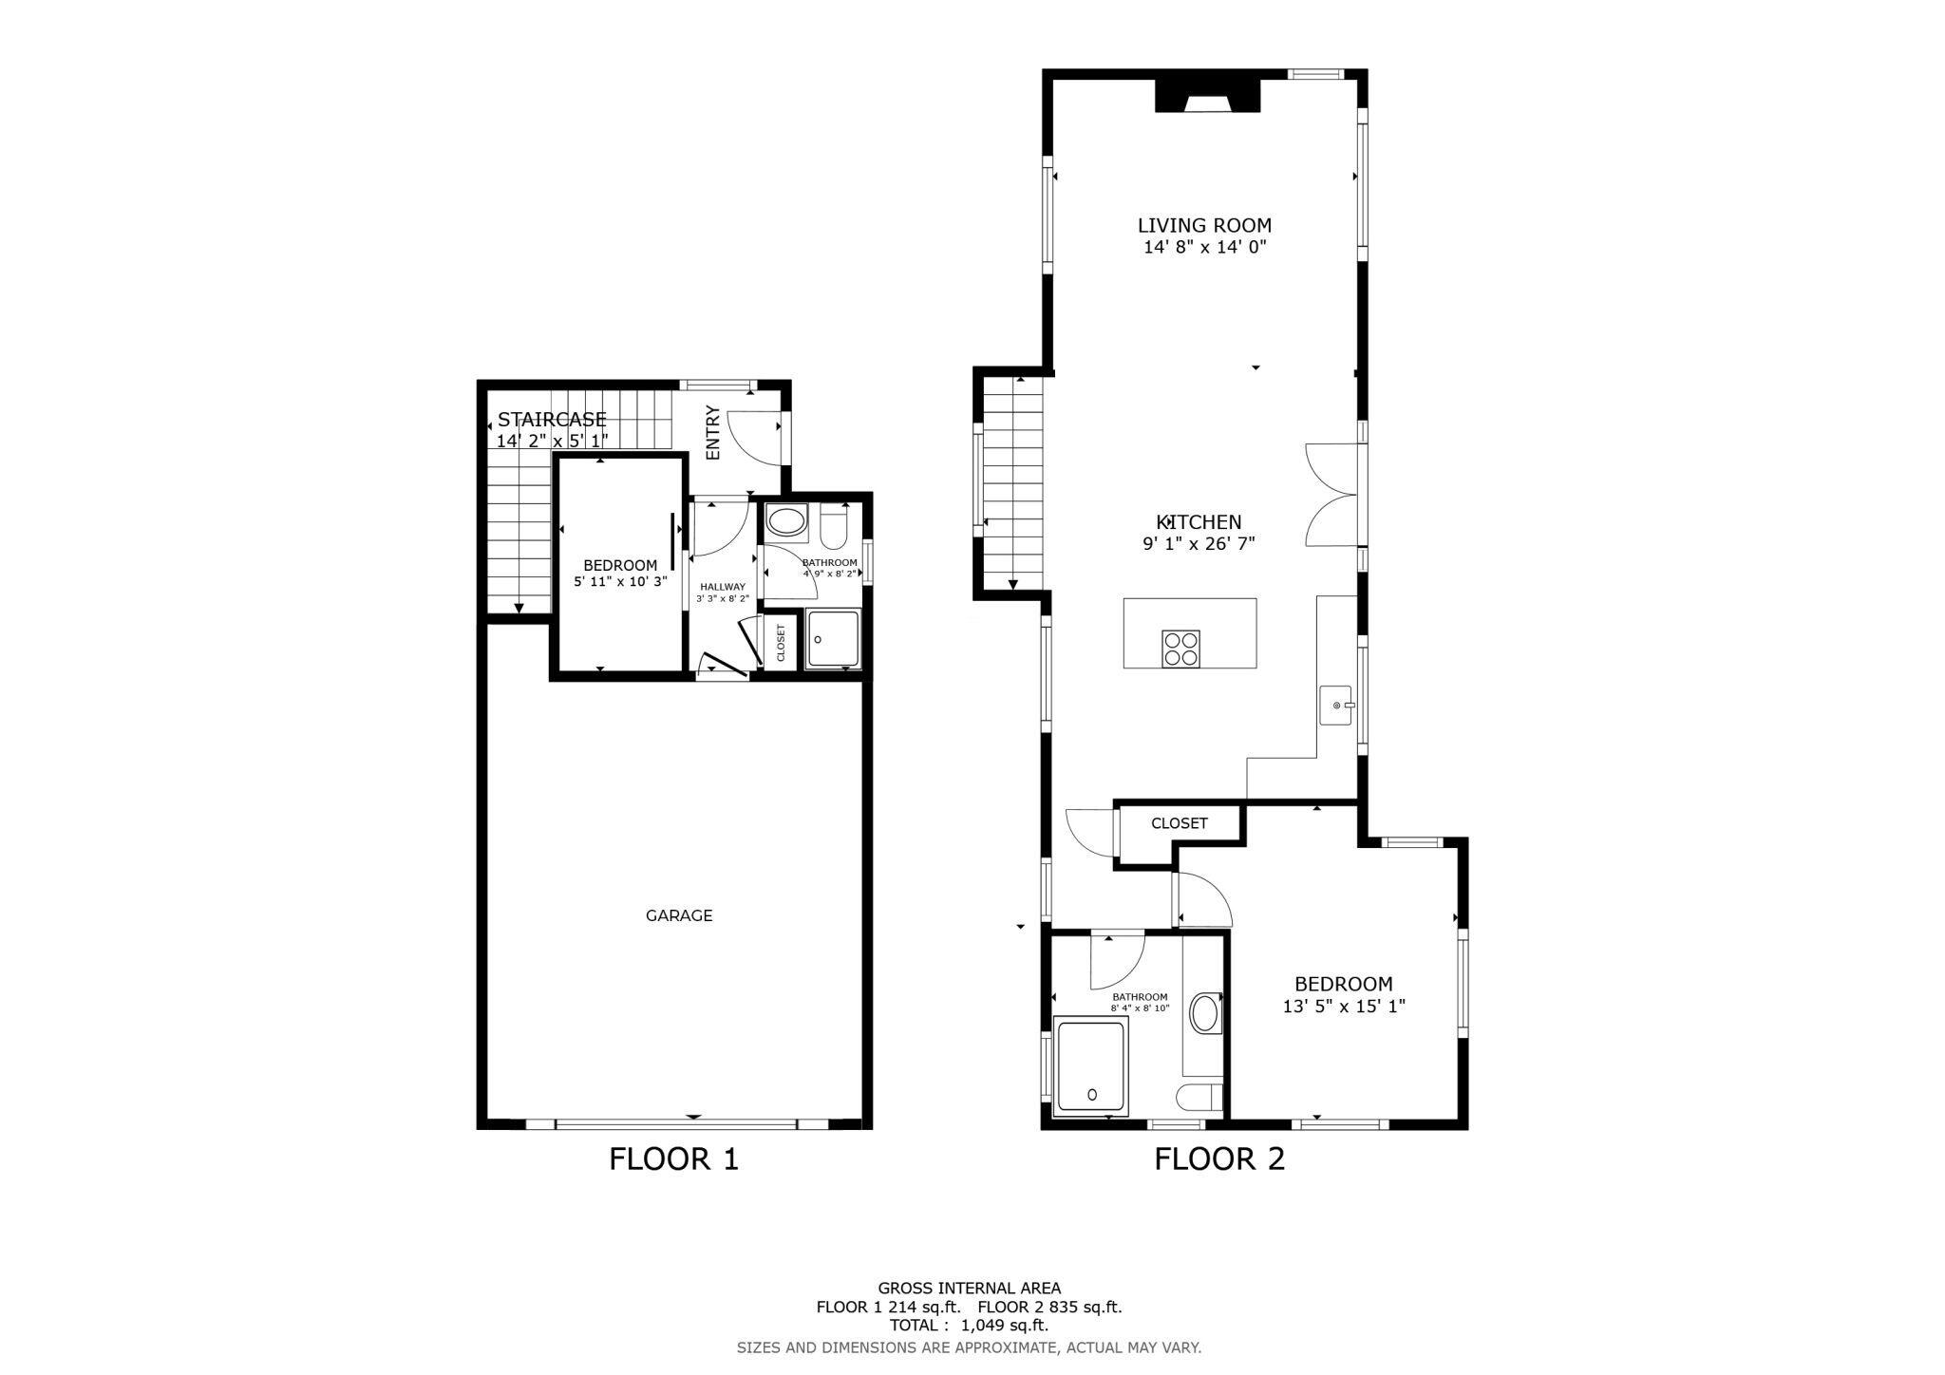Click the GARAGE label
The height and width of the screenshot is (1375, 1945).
tap(678, 915)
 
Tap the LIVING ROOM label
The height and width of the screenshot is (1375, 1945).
tap(1204, 225)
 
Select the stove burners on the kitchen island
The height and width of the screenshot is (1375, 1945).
tap(1180, 649)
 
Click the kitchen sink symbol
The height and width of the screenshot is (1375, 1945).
tap(1337, 706)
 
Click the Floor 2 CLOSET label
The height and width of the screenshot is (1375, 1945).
tap(1179, 823)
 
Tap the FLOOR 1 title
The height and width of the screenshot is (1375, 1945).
tap(673, 1158)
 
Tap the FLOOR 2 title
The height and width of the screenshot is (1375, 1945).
tap(1218, 1158)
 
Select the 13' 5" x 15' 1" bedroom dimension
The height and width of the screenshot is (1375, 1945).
tap(1343, 1007)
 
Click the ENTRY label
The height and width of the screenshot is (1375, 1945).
tap(713, 433)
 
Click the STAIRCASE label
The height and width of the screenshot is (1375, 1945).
tap(552, 420)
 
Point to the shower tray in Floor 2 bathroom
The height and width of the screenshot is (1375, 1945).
tap(1091, 1065)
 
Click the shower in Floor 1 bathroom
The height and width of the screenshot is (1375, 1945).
tap(833, 640)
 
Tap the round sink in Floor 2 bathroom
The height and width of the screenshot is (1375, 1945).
tap(1204, 1013)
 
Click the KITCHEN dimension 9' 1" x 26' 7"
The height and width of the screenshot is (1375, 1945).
tap(1199, 544)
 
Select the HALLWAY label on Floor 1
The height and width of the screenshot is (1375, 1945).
tap(723, 587)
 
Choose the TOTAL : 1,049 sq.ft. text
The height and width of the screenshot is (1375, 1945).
tap(968, 1325)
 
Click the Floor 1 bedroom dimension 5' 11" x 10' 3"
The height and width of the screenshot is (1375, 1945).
tap(620, 581)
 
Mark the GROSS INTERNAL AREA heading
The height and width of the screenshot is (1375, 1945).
tap(969, 1289)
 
